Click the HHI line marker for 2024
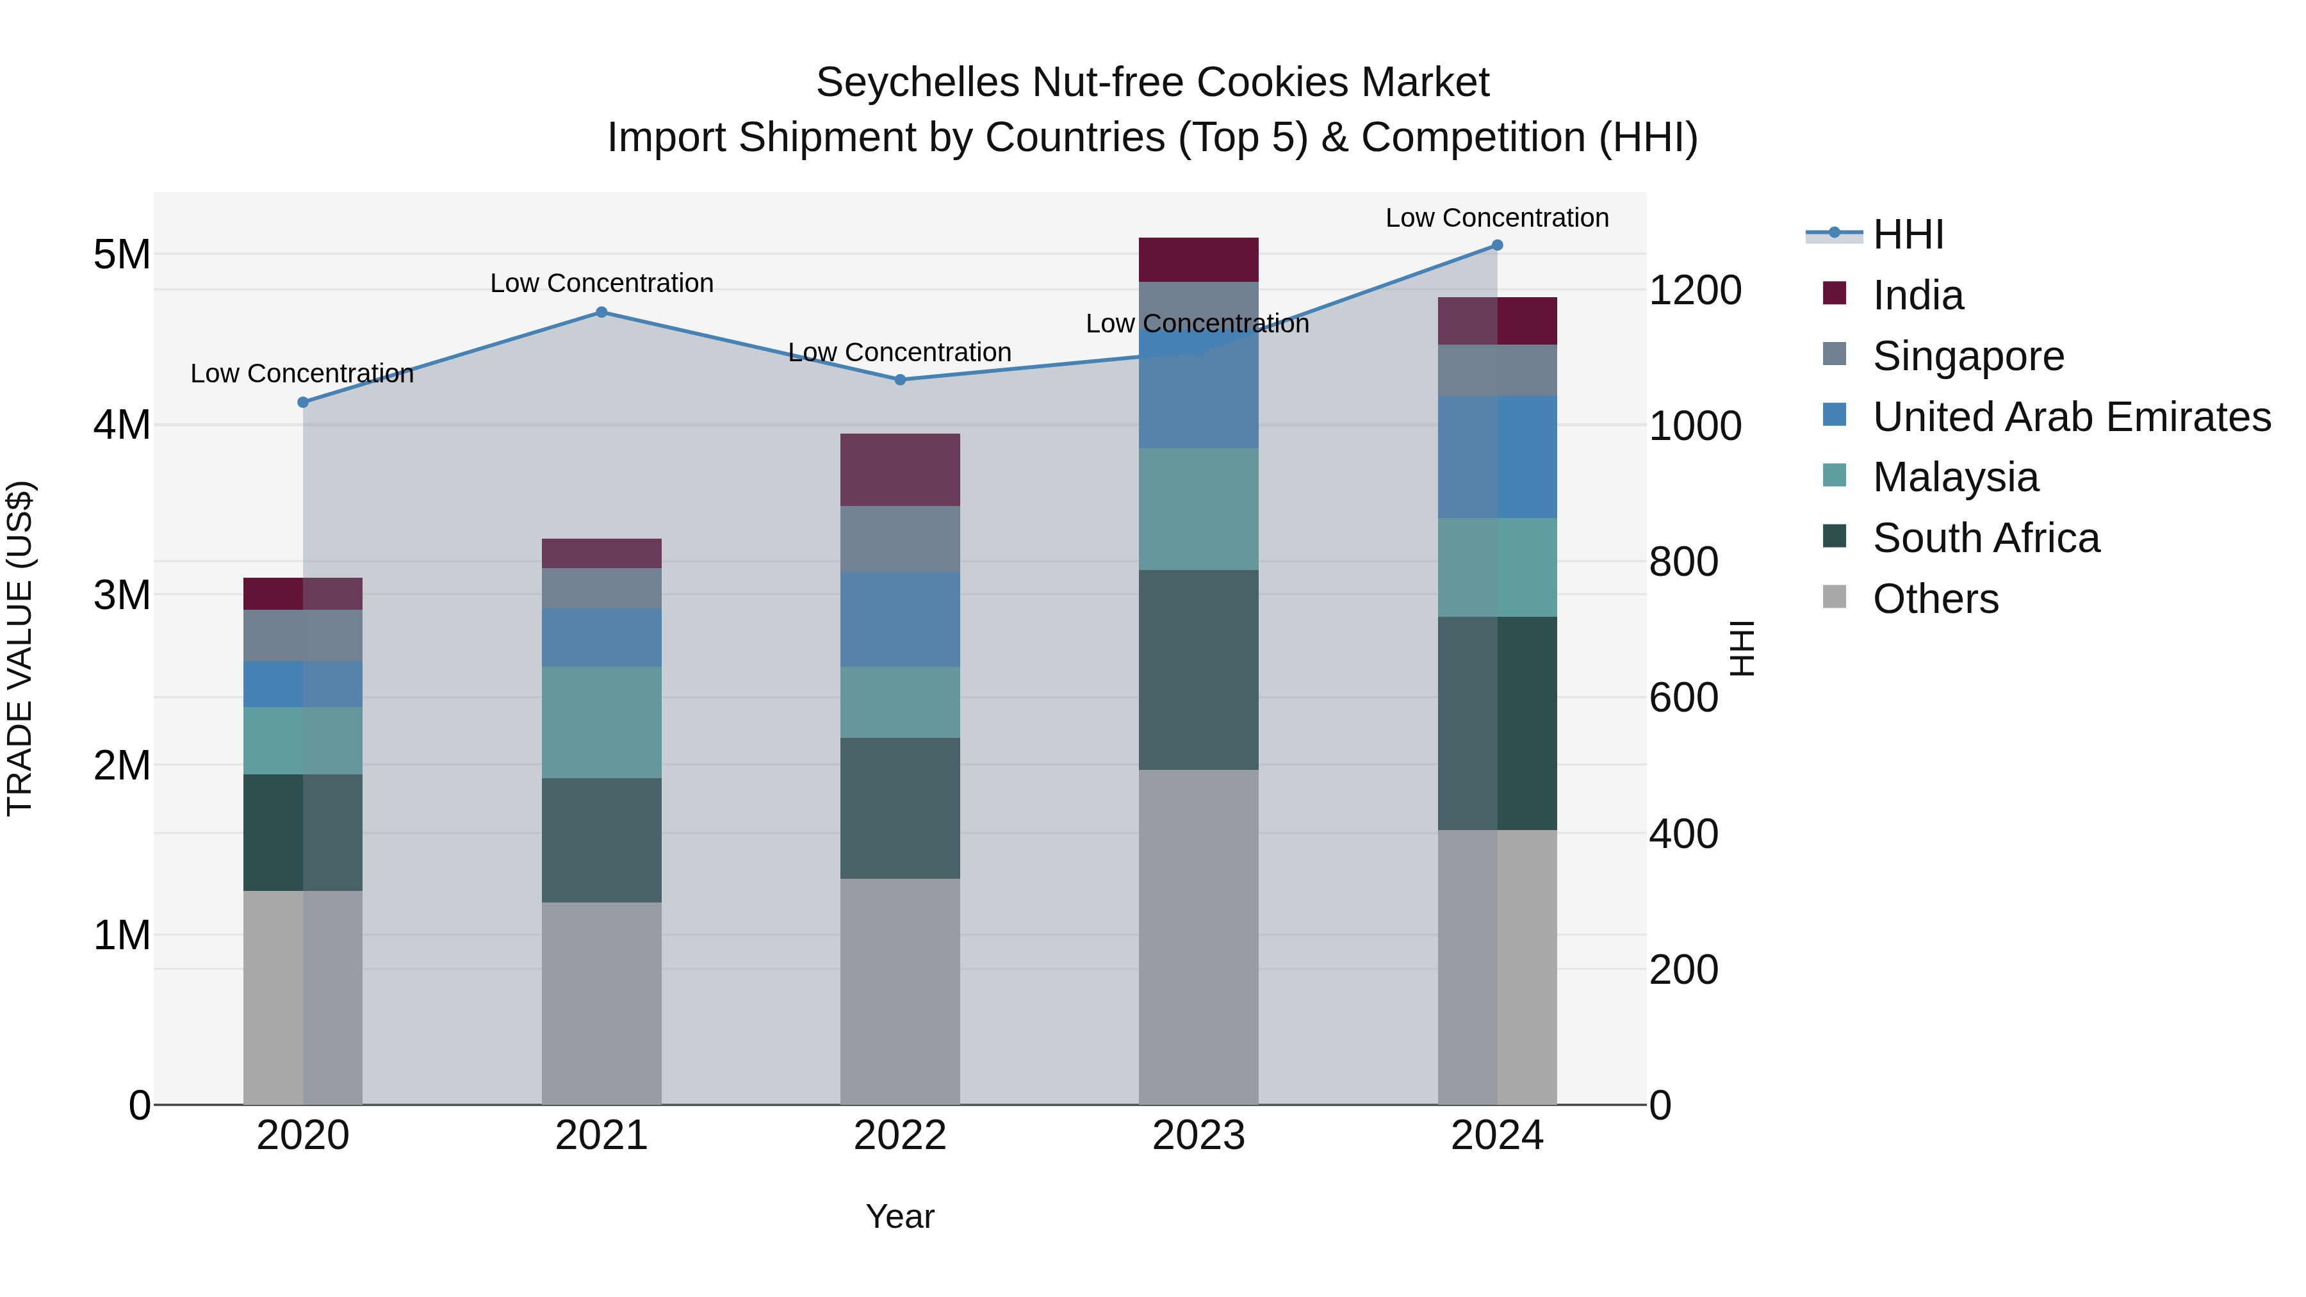click(1497, 245)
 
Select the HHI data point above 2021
click(601, 313)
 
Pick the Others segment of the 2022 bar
click(900, 991)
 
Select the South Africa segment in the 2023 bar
click(1198, 669)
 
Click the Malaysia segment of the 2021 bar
click(601, 722)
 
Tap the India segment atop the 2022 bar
click(900, 470)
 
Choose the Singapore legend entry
click(1968, 356)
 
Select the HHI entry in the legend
click(1908, 234)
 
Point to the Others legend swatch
click(1835, 597)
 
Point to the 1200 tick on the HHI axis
click(1694, 291)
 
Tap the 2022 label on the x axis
click(900, 1136)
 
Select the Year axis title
click(900, 1216)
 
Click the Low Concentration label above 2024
click(1497, 218)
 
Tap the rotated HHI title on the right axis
click(1741, 648)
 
